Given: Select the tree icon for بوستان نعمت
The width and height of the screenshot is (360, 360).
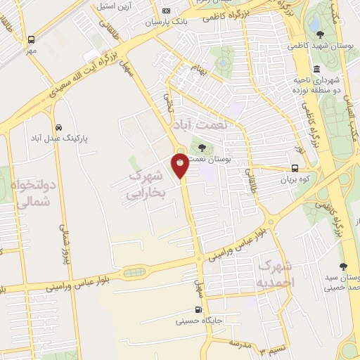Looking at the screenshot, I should [x=202, y=148].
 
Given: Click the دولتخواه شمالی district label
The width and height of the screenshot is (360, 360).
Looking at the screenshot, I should [x=29, y=186].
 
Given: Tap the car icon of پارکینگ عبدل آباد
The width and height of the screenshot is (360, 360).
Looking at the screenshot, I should [x=58, y=127].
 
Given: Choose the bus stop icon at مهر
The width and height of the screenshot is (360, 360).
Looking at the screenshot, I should [x=31, y=40].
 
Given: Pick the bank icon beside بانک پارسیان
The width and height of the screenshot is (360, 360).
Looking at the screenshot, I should [x=166, y=11].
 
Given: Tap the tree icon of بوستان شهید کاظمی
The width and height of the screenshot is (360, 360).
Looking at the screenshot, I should [x=321, y=34].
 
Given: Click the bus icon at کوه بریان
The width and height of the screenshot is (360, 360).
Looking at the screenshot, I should [x=295, y=169].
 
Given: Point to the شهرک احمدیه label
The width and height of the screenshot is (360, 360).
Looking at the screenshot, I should [x=275, y=274].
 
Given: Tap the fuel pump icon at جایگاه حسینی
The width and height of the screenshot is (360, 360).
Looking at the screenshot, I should [x=199, y=310].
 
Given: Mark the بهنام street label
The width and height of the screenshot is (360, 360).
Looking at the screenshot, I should [x=194, y=70].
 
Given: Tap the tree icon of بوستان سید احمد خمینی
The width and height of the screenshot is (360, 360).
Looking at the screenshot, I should [x=342, y=266].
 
